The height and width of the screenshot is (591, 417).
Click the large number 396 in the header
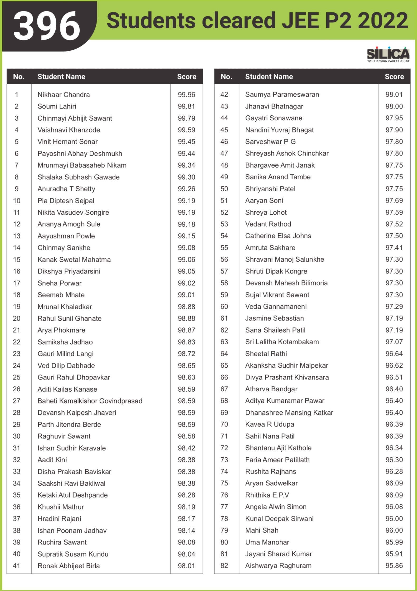pyautogui.click(x=47, y=26)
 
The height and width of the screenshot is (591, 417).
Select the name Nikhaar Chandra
pyautogui.click(x=64, y=95)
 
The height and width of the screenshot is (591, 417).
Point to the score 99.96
pyautogui.click(x=186, y=95)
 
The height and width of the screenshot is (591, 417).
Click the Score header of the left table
pyautogui.click(x=187, y=77)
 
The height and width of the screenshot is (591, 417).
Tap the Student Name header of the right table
pyautogui.click(x=269, y=77)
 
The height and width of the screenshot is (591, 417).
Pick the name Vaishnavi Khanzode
pyautogui.click(x=69, y=130)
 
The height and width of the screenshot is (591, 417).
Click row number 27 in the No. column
pyautogui.click(x=17, y=401)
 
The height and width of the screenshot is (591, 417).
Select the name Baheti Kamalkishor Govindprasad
pyautogui.click(x=90, y=401)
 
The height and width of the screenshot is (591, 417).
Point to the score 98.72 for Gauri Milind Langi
pyautogui.click(x=186, y=354)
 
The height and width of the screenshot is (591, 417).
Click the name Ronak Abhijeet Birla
pyautogui.click(x=69, y=566)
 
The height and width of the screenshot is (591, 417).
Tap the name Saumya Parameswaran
pyautogui.click(x=282, y=95)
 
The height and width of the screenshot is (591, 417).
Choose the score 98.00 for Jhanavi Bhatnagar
pyautogui.click(x=394, y=106)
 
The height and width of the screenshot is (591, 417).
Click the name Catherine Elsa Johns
pyautogui.click(x=278, y=236)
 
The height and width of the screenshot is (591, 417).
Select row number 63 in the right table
pyautogui.click(x=224, y=342)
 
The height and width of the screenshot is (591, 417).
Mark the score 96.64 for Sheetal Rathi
pyautogui.click(x=394, y=354)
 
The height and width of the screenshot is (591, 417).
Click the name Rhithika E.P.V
pyautogui.click(x=267, y=495)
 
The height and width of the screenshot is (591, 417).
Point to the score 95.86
pyautogui.click(x=394, y=566)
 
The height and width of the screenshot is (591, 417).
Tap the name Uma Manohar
pyautogui.click(x=267, y=542)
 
